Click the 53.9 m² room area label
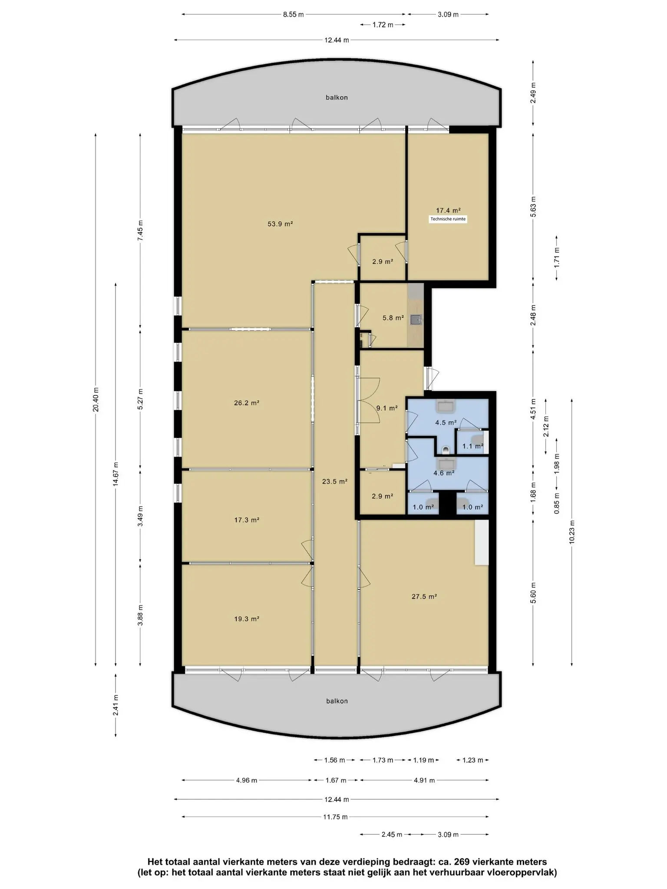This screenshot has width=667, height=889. pos(280,224)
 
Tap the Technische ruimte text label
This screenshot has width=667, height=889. pos(448,219)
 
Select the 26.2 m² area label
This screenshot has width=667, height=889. pos(247,403)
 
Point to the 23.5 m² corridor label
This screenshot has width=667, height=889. pos(335,481)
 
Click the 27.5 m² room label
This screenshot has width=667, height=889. pos(424,596)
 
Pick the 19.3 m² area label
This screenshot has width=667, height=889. pos(247,619)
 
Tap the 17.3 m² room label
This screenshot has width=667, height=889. pos(247,520)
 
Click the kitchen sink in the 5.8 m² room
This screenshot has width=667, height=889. pos(416,320)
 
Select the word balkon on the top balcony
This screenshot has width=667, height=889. pos(337,98)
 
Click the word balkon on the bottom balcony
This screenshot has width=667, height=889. pos(337,701)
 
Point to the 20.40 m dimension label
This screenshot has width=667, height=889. pos(96,399)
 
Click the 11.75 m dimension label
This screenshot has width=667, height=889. pos(335,817)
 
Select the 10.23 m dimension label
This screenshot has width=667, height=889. pos(571,532)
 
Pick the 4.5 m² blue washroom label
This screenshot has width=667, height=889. pos(446,422)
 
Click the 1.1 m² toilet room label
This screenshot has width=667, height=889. pos(472,446)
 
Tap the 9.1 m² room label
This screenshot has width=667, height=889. pos(387,408)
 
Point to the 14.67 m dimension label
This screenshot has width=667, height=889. pos(116,474)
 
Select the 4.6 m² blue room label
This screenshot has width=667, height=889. pos(444,473)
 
